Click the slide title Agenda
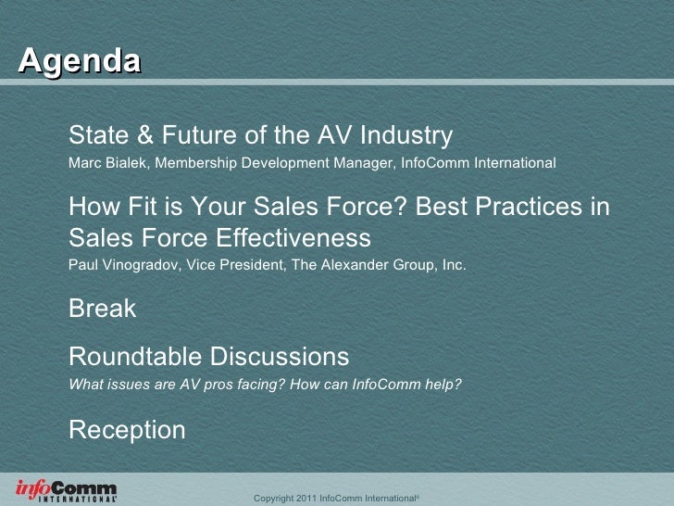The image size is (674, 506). [x=80, y=61]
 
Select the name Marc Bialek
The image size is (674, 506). [x=110, y=163]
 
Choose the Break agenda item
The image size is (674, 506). [x=102, y=309]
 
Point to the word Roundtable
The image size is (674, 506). [x=136, y=356]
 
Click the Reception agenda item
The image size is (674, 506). [x=127, y=430]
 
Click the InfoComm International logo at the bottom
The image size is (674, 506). [x=66, y=490]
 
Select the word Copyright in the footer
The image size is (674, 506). [x=275, y=499]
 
